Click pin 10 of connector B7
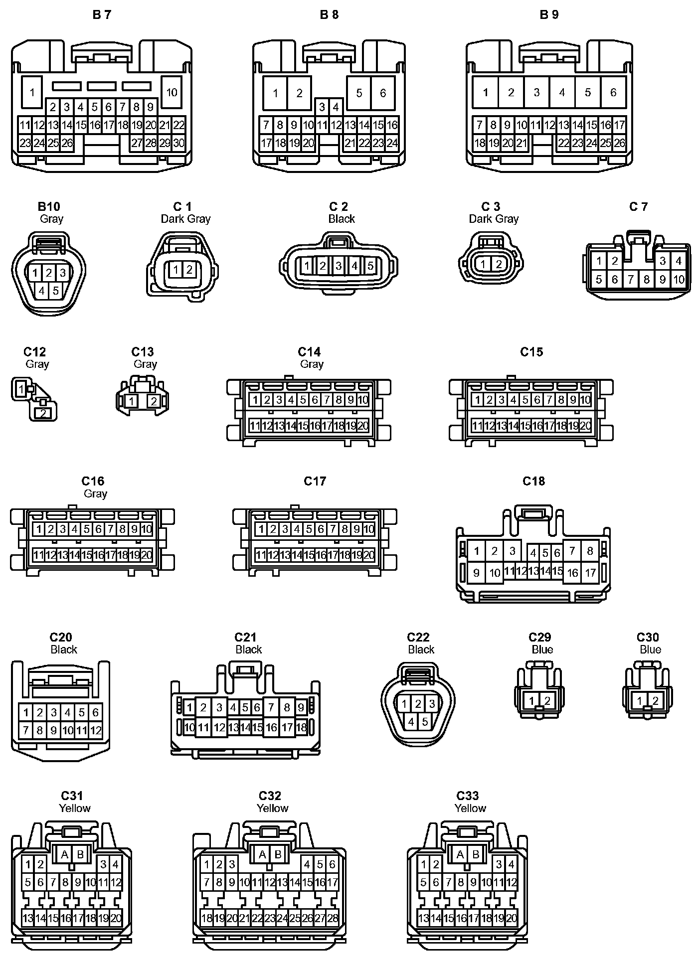click(x=172, y=92)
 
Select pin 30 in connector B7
click(x=178, y=143)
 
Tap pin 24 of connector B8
click(x=392, y=143)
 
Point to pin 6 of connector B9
click(x=613, y=92)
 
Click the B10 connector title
click(x=49, y=206)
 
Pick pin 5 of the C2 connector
click(x=370, y=266)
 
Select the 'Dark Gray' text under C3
click(x=494, y=219)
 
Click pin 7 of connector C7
click(x=631, y=280)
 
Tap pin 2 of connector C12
click(x=43, y=413)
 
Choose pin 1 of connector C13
click(x=131, y=401)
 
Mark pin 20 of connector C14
click(x=363, y=426)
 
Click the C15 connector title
click(x=531, y=352)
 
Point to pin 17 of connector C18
click(x=590, y=573)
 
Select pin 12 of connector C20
click(x=96, y=731)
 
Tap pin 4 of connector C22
click(x=411, y=721)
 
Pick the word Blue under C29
click(x=542, y=649)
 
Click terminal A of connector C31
click(x=64, y=855)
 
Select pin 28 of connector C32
click(x=333, y=918)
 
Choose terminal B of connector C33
click(x=476, y=855)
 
